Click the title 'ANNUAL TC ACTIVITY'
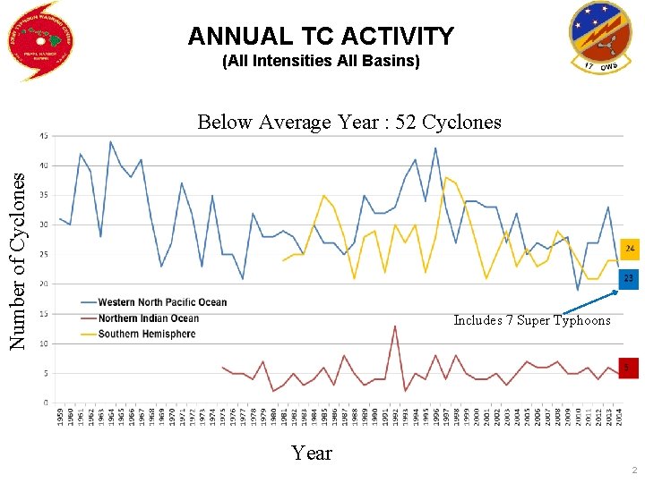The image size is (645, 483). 321,37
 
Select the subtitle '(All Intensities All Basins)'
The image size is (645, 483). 321,63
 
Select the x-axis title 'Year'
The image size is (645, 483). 311,453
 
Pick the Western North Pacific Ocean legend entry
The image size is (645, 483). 161,302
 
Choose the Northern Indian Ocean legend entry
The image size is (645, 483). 148,318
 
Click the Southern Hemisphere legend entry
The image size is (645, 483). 146,334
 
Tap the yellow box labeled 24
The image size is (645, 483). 630,247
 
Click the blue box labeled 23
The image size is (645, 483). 630,279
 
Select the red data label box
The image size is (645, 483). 629,367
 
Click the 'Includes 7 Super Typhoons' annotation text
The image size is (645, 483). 531,320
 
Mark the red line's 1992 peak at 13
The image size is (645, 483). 395,326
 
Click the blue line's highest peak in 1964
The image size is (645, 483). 110,141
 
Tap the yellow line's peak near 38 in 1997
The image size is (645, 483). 446,177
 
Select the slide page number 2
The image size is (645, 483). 632,470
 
